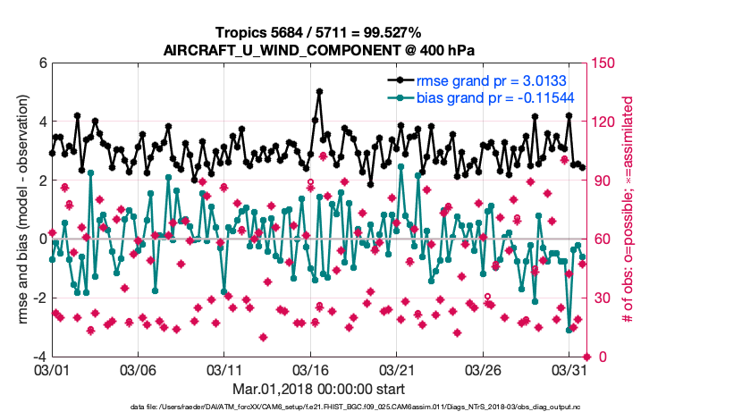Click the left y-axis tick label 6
pos(42,63)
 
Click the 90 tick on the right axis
pos(598,181)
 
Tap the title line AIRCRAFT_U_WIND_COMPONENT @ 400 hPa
pos(319,51)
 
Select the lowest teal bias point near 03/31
pos(569,330)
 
